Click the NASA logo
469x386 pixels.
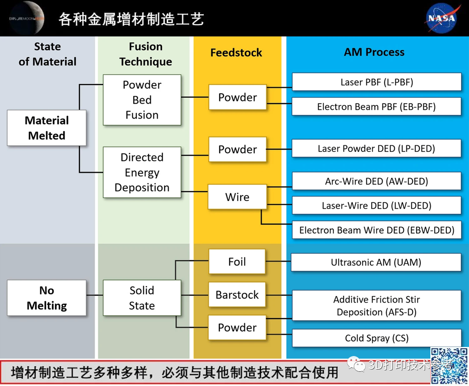click(x=442, y=18)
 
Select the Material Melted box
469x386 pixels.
click(x=46, y=128)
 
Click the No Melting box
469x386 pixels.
click(x=46, y=298)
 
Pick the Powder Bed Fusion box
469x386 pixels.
click(x=142, y=100)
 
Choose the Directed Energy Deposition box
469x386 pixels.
click(x=142, y=173)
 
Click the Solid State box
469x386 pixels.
click(x=142, y=298)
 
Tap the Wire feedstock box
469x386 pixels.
click(x=237, y=197)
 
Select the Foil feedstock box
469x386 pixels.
click(x=237, y=262)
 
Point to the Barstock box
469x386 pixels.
click(x=237, y=295)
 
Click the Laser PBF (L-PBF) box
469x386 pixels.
click(x=377, y=82)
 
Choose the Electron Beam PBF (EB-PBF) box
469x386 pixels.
click(x=377, y=107)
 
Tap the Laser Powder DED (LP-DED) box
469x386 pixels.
click(x=377, y=149)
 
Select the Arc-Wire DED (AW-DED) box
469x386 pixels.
click(x=377, y=181)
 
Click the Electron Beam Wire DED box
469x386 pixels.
click(x=377, y=230)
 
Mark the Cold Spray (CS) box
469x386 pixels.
click(x=377, y=338)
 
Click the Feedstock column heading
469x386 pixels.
click(x=236, y=53)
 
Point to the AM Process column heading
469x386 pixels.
click(x=374, y=52)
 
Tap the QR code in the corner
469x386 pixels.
click(x=449, y=366)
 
